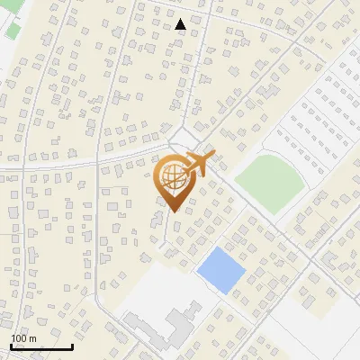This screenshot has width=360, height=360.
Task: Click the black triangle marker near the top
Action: pos(181,24)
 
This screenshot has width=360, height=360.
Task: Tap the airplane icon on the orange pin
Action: pos(200,163)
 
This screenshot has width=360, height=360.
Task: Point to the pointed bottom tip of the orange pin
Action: pos(172,211)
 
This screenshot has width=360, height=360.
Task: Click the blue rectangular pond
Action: pos(220,268)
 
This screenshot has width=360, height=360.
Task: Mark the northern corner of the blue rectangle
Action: pos(215,247)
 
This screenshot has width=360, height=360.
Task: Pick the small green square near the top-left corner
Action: pos(13,28)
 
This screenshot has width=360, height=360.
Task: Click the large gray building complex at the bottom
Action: pos(162,326)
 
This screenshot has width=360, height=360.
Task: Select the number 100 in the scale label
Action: pos(19,338)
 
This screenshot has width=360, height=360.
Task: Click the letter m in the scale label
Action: pos(32,338)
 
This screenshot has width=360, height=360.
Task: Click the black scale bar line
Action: pos(40,347)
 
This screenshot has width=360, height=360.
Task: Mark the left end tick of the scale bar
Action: pos(10,346)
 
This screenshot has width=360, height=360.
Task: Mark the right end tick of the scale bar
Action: pos(72,346)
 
